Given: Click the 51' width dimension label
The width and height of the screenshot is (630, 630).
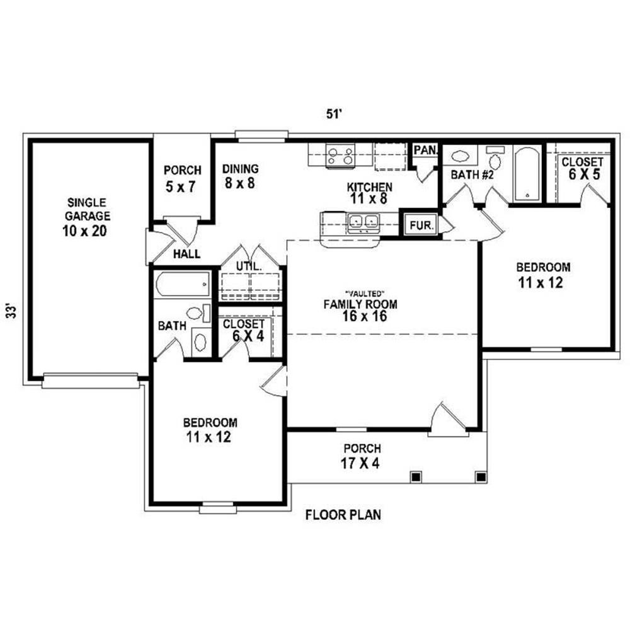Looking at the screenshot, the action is pos(333,115).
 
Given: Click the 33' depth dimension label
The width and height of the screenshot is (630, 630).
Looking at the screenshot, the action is pos(13,311).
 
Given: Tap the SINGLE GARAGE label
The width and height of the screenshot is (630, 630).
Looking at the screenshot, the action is pos(87,209).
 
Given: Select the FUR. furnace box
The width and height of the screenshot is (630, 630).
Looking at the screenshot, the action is pos(421,225).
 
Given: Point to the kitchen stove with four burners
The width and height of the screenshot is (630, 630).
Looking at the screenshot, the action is pos(340,156).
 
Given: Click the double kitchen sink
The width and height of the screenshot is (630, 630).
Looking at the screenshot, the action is pos(364,223).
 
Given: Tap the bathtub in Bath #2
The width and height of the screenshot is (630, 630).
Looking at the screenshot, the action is pos(528,175).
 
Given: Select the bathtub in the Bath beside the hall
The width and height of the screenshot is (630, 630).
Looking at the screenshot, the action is pos(183,284).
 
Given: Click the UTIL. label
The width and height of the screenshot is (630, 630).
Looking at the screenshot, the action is pos(249,266).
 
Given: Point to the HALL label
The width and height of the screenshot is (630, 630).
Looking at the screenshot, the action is pos(186,254).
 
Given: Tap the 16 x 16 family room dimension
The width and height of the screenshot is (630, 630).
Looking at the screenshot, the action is pos(364,316).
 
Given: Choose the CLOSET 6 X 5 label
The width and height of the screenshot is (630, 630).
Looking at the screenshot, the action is pos(583,168).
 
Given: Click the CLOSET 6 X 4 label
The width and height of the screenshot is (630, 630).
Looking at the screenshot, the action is pos(244,330).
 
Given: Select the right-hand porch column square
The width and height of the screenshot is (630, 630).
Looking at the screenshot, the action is pos(481,477).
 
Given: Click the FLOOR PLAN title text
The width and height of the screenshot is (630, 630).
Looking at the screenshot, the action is pos(343,515).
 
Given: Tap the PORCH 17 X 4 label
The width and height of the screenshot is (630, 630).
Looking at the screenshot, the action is pos(362,456).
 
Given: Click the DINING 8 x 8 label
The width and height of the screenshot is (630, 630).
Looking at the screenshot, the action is pos(240,176).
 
